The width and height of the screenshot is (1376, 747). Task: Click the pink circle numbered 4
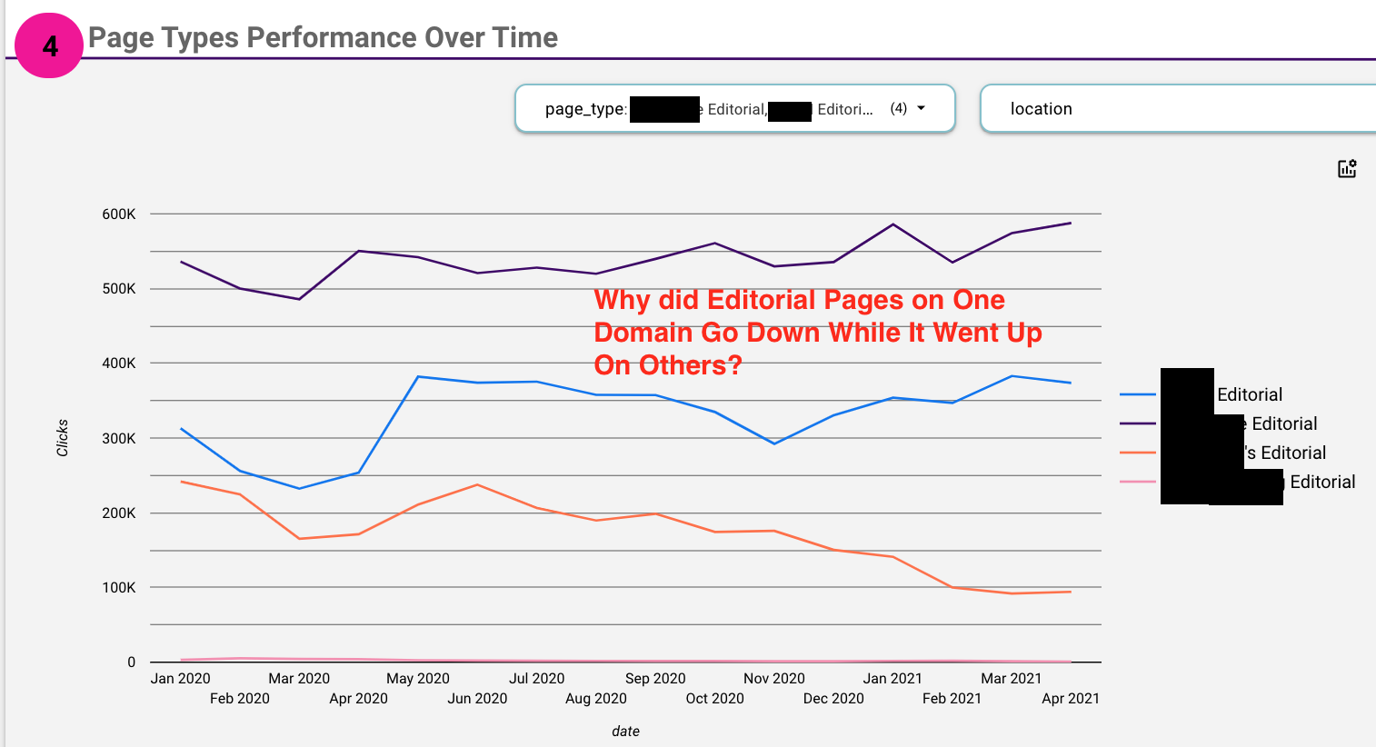49,45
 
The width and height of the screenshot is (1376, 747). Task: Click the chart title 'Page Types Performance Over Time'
323,37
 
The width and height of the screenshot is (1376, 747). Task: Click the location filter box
1177,109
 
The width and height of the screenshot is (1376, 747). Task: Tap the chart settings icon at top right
1347,168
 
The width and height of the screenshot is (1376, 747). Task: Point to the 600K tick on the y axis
119,214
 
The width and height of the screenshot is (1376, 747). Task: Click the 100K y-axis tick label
119,588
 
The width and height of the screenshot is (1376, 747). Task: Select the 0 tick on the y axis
131,662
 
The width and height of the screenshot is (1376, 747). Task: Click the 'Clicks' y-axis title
62,438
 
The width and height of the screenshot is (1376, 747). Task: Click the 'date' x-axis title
625,732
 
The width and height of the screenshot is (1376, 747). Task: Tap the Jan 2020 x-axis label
180,679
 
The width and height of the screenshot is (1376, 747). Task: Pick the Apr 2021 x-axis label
1070,699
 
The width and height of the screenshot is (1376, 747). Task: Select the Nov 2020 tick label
773,679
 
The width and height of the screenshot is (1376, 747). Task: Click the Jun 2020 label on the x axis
477,699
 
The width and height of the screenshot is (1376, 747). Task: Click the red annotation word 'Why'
623,301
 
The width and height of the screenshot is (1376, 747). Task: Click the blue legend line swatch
1138,394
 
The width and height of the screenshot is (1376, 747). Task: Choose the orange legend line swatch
1138,453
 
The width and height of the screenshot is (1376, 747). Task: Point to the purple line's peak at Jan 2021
893,224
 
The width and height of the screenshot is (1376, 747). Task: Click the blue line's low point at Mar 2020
299,489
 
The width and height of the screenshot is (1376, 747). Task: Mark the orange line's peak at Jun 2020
477,484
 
